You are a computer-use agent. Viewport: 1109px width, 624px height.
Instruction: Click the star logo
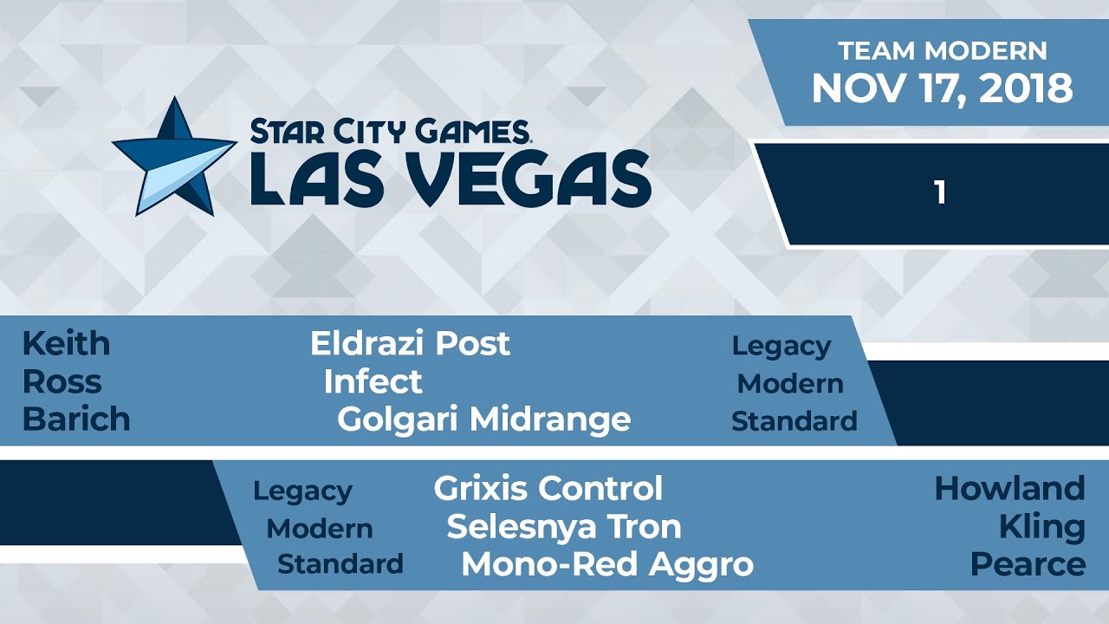(173, 157)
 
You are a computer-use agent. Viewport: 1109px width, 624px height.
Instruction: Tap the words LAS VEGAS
(451, 177)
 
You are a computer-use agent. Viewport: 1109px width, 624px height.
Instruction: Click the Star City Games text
(391, 132)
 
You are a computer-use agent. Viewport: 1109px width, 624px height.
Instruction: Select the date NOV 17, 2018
(942, 88)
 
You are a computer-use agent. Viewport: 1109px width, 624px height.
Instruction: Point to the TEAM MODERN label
(942, 50)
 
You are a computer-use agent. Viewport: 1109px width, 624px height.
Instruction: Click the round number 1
(940, 193)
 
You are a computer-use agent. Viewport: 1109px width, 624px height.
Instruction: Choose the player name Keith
(66, 344)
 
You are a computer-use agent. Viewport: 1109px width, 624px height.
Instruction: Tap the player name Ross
(62, 381)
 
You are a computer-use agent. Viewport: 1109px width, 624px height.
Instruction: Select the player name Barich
(76, 419)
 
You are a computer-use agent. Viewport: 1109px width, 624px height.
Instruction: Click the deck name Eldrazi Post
(410, 344)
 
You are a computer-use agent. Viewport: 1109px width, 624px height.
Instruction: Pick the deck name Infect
(373, 381)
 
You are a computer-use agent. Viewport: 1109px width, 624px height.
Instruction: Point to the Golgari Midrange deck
(483, 419)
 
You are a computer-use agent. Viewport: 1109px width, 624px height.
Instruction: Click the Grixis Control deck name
(548, 489)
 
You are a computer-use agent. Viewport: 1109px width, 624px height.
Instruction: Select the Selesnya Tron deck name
(563, 526)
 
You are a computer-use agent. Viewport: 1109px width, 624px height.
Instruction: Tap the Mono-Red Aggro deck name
(606, 564)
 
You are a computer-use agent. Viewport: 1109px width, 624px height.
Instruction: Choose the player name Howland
(1009, 489)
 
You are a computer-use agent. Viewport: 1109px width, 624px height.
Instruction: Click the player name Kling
(1041, 526)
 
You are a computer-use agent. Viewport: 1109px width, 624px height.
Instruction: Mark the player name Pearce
(1028, 564)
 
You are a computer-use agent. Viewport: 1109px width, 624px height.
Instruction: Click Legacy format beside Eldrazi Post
(781, 346)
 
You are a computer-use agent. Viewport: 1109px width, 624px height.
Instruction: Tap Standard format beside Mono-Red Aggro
(340, 564)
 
